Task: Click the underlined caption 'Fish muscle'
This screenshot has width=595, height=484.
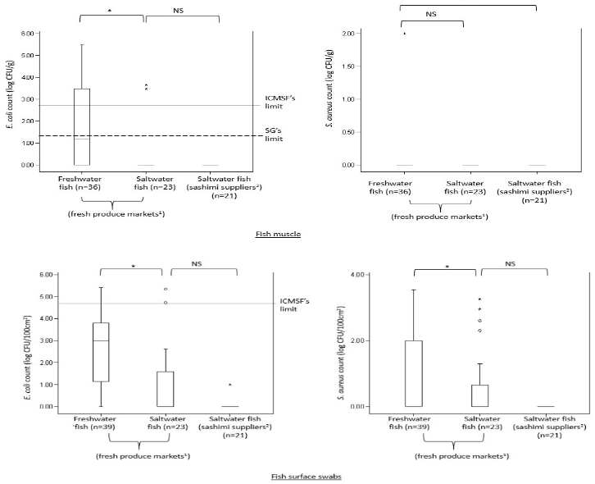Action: (x=277, y=234)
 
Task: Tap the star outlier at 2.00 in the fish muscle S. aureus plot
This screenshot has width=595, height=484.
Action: (x=404, y=34)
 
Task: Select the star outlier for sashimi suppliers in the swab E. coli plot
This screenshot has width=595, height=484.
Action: (x=230, y=385)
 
